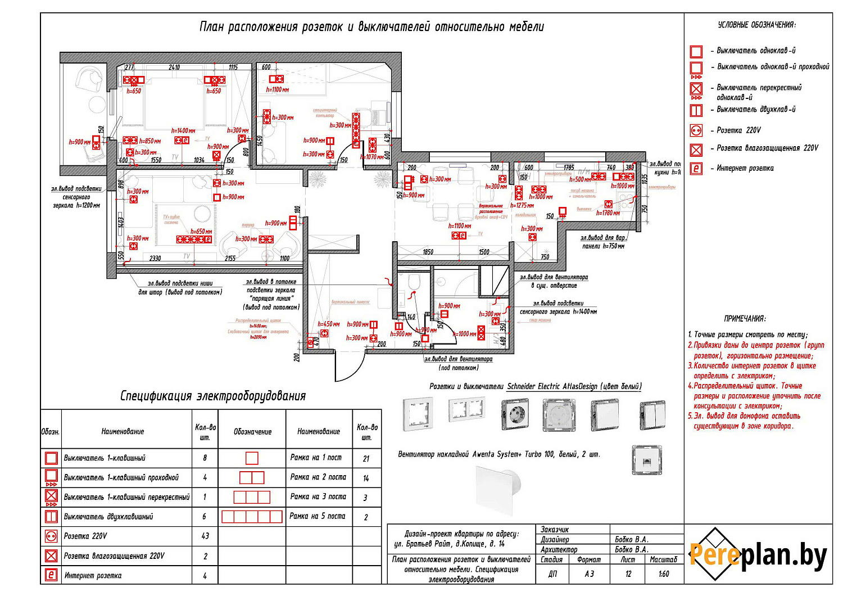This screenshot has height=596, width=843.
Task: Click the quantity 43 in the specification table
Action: pyautogui.click(x=205, y=536)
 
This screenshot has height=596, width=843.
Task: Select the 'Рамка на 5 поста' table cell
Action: pyautogui.click(x=318, y=516)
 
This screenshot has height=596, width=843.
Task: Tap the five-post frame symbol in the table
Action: pyautogui.click(x=252, y=517)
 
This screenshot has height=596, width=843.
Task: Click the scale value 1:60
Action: pyautogui.click(x=664, y=574)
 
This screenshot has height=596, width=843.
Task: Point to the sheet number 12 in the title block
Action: pyautogui.click(x=628, y=574)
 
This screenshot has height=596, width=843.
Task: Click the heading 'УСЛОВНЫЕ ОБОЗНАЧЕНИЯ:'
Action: pyautogui.click(x=756, y=25)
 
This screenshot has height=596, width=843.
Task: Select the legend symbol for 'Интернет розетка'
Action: pyautogui.click(x=696, y=168)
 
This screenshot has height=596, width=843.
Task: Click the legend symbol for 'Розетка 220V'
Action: pyautogui.click(x=696, y=130)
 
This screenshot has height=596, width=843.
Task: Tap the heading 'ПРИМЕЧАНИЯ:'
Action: pyautogui.click(x=745, y=319)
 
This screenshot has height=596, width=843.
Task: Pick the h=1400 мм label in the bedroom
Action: pyautogui.click(x=183, y=130)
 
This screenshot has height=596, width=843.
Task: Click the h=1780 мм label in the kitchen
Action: pyautogui.click(x=608, y=213)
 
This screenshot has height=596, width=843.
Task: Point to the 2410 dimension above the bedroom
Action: pyautogui.click(x=174, y=67)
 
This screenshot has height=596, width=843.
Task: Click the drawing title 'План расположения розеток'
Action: pyautogui.click(x=371, y=27)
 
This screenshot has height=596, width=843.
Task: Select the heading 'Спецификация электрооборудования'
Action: pyautogui.click(x=213, y=396)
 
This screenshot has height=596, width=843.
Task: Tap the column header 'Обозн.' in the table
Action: pyautogui.click(x=51, y=432)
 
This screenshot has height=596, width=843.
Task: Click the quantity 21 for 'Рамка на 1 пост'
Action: pyautogui.click(x=366, y=459)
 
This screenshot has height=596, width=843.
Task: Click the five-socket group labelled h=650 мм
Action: pyautogui.click(x=194, y=240)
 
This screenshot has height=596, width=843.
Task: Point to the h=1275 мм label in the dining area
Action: pyautogui.click(x=522, y=206)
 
